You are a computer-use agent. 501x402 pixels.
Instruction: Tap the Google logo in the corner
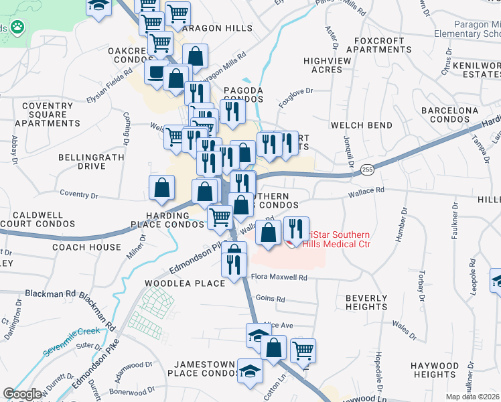point(22,394)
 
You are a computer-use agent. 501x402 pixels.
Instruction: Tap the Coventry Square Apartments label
point(47,115)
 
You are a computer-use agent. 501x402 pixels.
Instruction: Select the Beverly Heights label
point(366,302)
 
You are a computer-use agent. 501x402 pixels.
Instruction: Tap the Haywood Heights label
point(435,370)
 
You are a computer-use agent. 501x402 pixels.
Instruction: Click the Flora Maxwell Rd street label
point(279,277)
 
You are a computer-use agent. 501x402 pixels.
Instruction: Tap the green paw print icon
point(17,28)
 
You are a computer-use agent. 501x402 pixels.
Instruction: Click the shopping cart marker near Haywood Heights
point(303,349)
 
